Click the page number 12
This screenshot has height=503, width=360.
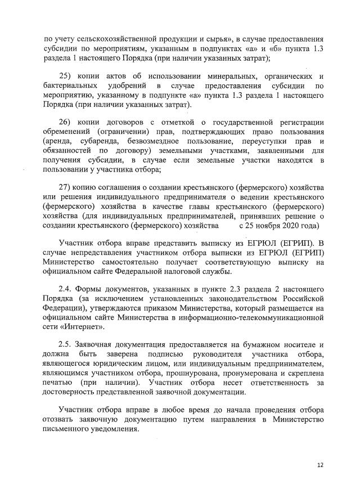coord(321,465)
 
